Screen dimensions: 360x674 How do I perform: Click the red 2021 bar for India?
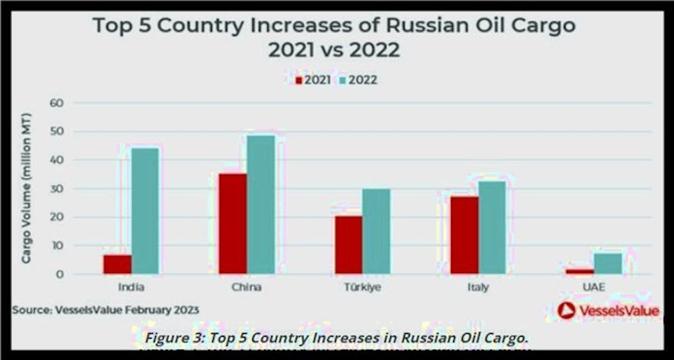[x=117, y=264]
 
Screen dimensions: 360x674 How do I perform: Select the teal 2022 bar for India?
[x=145, y=211]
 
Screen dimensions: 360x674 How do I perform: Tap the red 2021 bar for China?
[x=233, y=224]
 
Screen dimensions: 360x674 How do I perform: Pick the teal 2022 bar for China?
[x=261, y=205]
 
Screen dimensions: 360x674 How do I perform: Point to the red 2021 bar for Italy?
[x=464, y=235]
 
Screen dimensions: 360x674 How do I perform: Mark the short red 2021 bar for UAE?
[x=580, y=271]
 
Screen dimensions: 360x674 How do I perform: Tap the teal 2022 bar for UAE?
[x=607, y=264]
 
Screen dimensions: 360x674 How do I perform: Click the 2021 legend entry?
[x=313, y=80]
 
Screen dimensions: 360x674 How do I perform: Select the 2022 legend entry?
[x=358, y=80]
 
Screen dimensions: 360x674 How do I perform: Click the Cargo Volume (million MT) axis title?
[x=28, y=189]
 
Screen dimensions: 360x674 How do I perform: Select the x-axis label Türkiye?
[x=361, y=288]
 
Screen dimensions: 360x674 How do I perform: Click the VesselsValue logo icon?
[x=566, y=310]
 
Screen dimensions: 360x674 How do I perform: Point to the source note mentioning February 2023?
[x=105, y=309]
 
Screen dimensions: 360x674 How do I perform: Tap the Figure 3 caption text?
[x=337, y=337]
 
